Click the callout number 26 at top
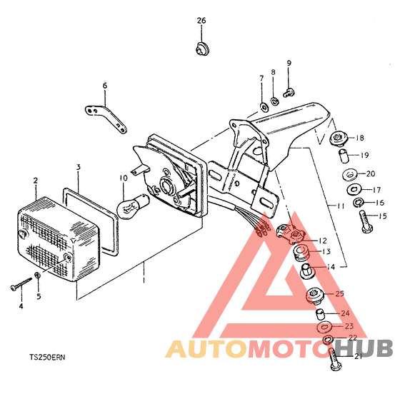tap(201, 21)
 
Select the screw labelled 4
tap(21, 283)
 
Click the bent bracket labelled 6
tap(106, 118)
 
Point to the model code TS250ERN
tap(47, 358)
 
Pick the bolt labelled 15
tap(366, 221)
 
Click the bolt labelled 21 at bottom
tap(335, 360)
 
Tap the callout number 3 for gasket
tap(79, 167)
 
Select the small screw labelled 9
tap(289, 93)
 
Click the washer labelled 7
tap(264, 107)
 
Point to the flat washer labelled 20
tap(350, 175)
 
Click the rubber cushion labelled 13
tap(301, 253)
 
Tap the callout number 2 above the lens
tap(36, 181)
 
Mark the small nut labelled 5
tap(37, 276)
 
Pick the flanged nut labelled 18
tap(339, 140)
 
